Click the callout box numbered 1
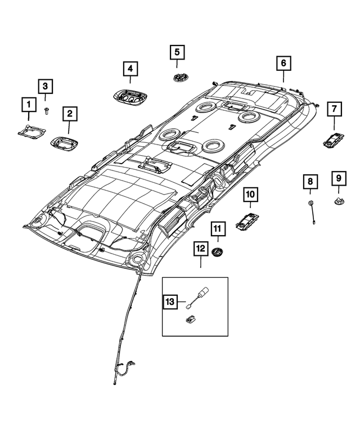point(26,103)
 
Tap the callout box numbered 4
point(130,69)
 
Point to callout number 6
point(283,62)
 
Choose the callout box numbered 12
point(200,247)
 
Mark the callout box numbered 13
point(170,302)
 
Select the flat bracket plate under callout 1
point(31,130)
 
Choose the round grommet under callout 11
point(217,251)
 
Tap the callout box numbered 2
point(70,114)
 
